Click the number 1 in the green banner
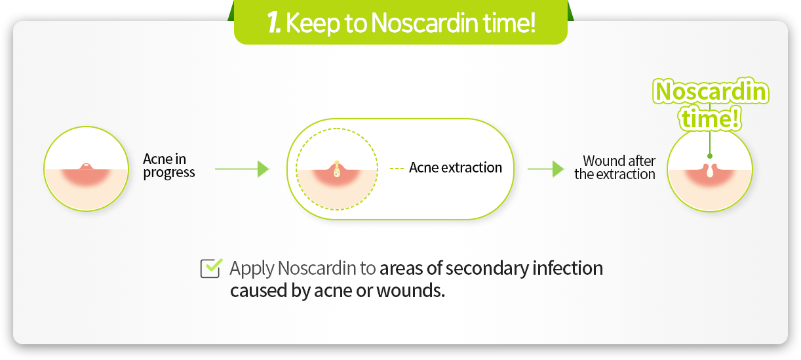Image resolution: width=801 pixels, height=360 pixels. (274, 23)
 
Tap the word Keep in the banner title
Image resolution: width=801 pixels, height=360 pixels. (312, 24)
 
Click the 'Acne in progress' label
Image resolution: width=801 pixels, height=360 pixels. (168, 166)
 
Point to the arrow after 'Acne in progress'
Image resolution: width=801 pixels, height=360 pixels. (242, 169)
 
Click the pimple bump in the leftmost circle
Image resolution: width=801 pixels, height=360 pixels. (86, 167)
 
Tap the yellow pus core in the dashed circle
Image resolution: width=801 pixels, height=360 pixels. (336, 169)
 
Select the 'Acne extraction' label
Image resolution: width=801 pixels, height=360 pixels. (455, 167)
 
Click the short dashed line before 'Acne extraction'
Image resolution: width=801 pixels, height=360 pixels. (397, 168)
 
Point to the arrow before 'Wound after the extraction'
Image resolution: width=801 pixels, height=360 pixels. (545, 169)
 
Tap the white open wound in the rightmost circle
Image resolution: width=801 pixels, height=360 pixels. (710, 170)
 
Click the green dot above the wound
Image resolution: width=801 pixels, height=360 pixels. (710, 156)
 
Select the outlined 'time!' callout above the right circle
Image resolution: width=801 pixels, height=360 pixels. (710, 118)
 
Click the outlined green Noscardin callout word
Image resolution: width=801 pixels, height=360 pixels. (711, 91)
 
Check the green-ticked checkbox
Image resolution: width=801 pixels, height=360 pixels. (211, 268)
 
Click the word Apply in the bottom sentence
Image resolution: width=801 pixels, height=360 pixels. (252, 269)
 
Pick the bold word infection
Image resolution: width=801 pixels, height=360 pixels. (568, 268)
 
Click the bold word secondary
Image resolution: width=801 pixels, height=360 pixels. (487, 269)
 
